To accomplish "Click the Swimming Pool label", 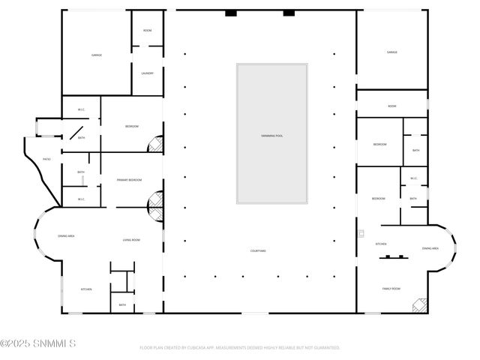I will (x=271, y=136).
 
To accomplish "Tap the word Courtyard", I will (x=258, y=250).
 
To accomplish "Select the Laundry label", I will (x=147, y=73).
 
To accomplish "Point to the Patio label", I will (x=46, y=159).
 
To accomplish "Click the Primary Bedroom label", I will (x=129, y=180).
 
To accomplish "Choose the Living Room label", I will (x=131, y=240).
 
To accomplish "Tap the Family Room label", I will (x=391, y=288).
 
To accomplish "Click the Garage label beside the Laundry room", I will (x=97, y=55).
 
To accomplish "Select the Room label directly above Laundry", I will (x=147, y=30).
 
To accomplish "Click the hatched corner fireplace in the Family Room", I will (x=419, y=306).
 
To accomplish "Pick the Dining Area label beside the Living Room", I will (x=66, y=236).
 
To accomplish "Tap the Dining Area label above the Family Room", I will (x=430, y=247).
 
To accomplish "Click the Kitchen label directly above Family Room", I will (x=380, y=244).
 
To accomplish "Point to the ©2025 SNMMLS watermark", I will (x=38, y=344).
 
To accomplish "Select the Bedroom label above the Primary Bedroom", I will (x=131, y=126).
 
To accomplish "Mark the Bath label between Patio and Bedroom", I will (x=81, y=137).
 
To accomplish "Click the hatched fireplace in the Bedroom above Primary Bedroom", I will (x=155, y=144).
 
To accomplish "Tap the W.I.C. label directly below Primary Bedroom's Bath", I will (x=81, y=199).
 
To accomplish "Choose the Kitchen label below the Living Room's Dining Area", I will (x=86, y=289).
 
